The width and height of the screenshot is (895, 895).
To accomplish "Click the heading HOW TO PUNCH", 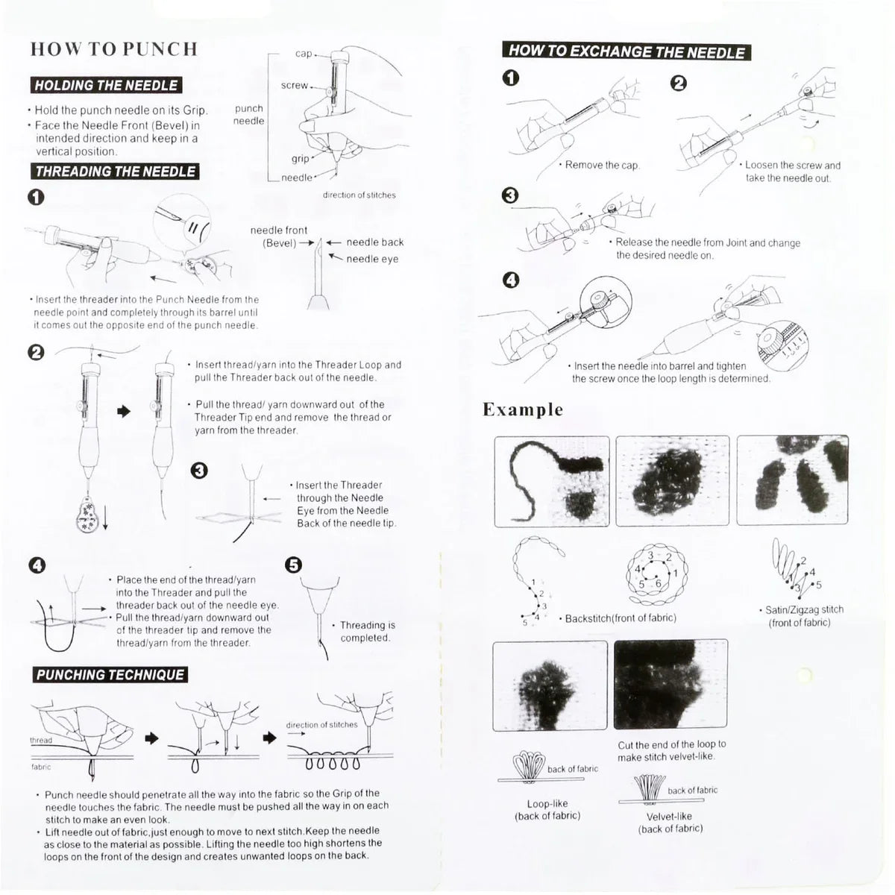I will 114,49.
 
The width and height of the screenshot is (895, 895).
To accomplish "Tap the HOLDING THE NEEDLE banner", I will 106,85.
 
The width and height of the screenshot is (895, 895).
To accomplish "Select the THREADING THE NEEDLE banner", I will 116,172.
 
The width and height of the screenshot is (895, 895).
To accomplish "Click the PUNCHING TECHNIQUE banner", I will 110,675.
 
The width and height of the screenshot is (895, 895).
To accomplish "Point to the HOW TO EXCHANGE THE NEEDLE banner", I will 626,51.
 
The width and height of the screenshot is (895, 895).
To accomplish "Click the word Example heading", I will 523,409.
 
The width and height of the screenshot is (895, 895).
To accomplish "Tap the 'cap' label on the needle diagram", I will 304,54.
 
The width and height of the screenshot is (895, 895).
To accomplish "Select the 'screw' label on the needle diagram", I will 295,86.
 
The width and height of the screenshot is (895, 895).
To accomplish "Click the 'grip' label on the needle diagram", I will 300,158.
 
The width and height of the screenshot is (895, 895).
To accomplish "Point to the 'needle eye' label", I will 372,259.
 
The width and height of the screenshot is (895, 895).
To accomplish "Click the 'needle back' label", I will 374,242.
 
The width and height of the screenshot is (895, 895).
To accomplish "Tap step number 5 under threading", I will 294,565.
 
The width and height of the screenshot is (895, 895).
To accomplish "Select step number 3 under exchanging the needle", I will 510,195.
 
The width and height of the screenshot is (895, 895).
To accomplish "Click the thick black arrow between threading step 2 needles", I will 124,411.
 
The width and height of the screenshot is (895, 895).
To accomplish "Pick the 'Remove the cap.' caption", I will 602,165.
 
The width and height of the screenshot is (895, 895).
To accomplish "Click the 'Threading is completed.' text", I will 367,631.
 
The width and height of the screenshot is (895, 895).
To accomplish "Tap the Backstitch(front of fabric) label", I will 621,618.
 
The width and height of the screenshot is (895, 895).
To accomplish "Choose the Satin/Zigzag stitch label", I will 800,616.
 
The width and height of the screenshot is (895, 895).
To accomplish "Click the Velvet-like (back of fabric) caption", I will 670,822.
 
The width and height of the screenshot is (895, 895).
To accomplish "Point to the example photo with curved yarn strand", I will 552,481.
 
